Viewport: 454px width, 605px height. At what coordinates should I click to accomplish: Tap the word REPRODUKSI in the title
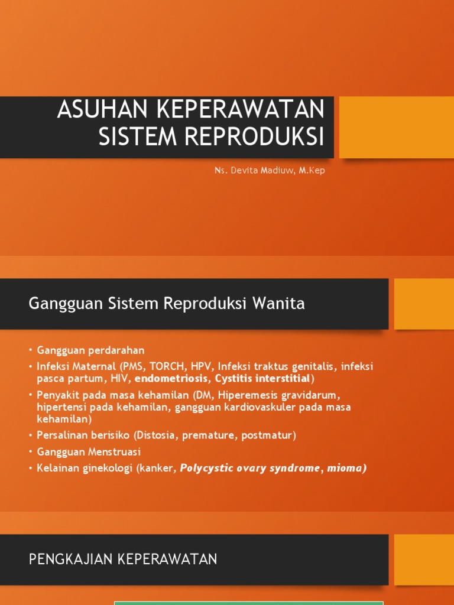(x=255, y=136)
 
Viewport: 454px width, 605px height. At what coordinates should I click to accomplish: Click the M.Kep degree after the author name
(x=312, y=171)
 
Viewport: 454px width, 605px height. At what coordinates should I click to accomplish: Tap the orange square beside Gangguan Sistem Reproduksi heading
(x=423, y=304)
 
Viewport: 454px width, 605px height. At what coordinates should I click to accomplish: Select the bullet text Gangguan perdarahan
(x=90, y=350)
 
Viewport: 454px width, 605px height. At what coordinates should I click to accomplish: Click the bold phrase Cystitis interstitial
(x=262, y=378)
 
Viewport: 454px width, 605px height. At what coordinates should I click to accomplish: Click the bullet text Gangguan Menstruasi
(x=89, y=452)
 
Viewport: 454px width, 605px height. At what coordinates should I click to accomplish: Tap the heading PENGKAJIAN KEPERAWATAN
(x=123, y=559)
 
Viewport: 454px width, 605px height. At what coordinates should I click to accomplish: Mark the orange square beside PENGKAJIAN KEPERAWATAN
(x=423, y=560)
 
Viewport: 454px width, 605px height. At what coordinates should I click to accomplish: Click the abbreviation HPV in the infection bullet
(x=200, y=366)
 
